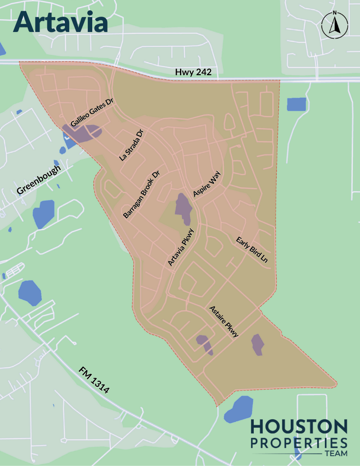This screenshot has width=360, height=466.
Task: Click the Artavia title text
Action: point(61,21)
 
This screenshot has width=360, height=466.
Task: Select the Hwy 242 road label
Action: point(193,72)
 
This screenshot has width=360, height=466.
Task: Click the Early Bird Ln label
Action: point(252,249)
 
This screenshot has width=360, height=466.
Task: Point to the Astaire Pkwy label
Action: point(224,321)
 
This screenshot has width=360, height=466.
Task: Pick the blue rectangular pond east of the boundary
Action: point(296,104)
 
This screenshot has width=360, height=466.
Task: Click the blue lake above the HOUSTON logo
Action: point(238,409)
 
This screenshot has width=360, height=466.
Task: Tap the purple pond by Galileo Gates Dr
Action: point(87,131)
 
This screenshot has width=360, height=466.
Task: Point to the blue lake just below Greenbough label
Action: point(43,214)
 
